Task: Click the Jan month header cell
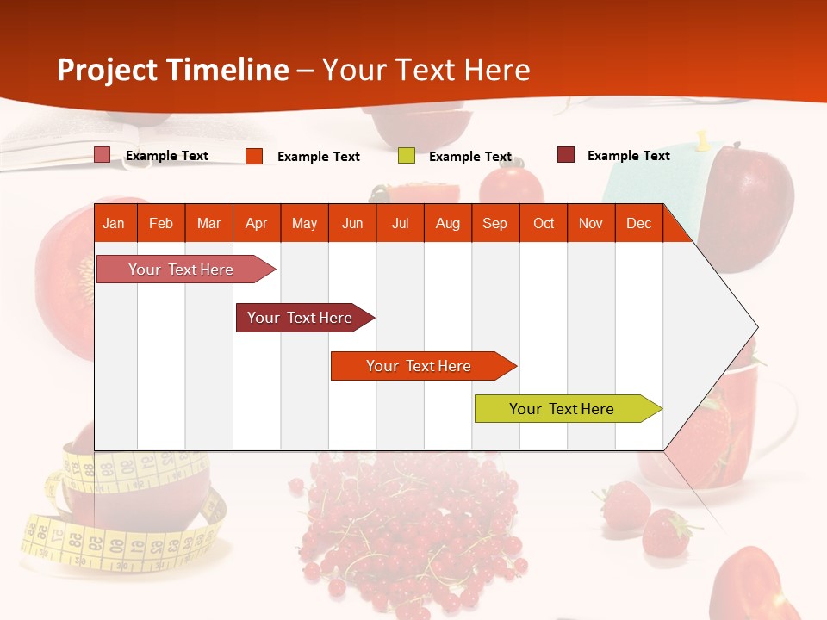click(x=114, y=223)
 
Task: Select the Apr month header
click(x=256, y=223)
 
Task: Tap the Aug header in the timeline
click(x=447, y=223)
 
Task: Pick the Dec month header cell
click(x=638, y=223)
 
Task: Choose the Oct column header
click(x=543, y=223)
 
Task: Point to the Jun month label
click(x=351, y=223)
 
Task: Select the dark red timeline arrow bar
click(x=302, y=318)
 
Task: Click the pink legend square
click(x=103, y=155)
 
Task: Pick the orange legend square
click(x=254, y=156)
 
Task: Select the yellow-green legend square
click(x=407, y=156)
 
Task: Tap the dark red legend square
click(x=566, y=155)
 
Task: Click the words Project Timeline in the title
click(x=172, y=70)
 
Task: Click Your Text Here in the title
click(x=426, y=70)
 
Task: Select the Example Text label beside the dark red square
click(x=628, y=155)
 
